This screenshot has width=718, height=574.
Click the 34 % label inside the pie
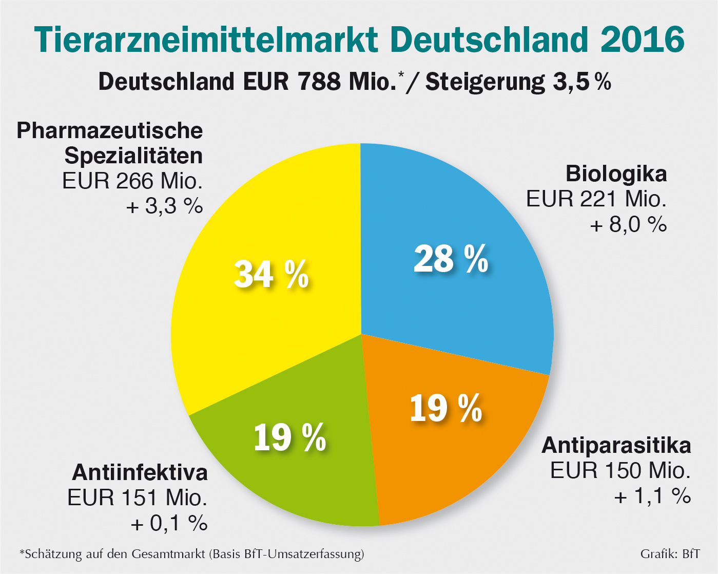coord(271,274)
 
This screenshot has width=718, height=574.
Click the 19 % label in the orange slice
coord(445,409)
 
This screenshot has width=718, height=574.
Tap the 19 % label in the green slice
coord(290,437)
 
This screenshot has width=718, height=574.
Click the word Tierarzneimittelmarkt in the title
coord(206,39)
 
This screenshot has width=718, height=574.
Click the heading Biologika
coord(616,174)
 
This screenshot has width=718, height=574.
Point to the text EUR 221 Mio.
coord(596,199)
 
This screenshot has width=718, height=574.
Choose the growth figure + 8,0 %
coord(628,224)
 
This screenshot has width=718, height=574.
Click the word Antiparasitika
coord(616,445)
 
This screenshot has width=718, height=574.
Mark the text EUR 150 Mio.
coord(620,470)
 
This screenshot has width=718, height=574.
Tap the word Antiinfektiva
coord(140,472)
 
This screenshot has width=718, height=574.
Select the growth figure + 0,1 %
coord(169,523)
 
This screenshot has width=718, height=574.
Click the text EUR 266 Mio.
coord(132,181)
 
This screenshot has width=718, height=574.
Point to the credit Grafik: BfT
coord(670,554)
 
